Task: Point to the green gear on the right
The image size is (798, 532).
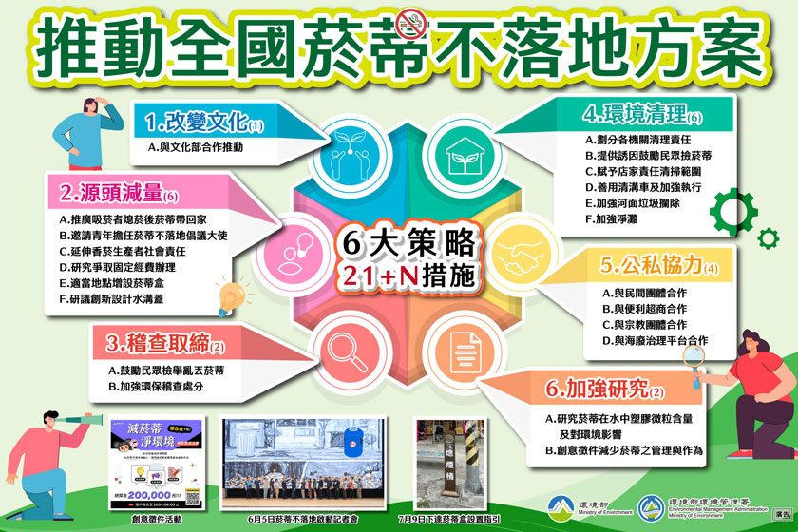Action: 731,206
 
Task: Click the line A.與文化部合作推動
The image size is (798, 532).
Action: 196,148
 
